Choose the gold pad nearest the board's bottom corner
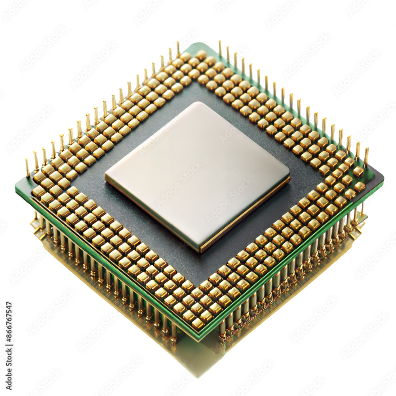click(x=198, y=324)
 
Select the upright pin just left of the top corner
click(x=178, y=49)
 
